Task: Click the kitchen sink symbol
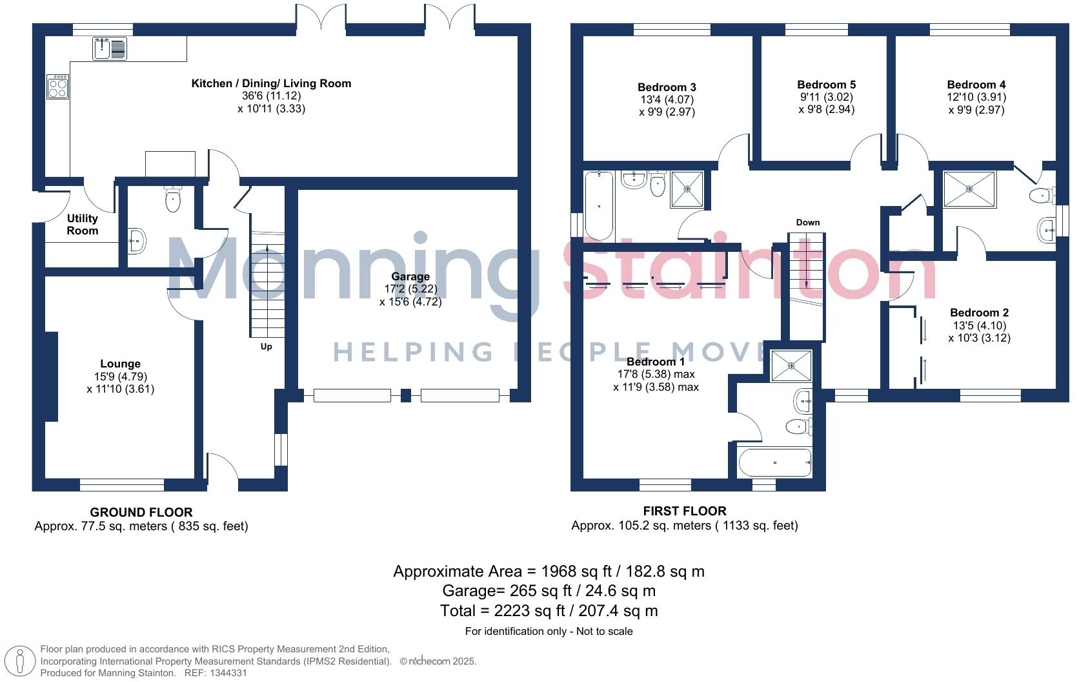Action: [x=110, y=49]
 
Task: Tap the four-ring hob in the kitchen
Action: [x=58, y=87]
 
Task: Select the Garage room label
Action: [x=410, y=276]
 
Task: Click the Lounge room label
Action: [x=120, y=364]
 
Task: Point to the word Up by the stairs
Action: [x=266, y=347]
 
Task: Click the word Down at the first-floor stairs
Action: [x=807, y=222]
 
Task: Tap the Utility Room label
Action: [x=83, y=225]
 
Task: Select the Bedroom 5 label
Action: [x=826, y=85]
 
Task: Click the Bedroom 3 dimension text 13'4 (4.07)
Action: [x=667, y=100]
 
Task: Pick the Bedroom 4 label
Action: [x=976, y=85]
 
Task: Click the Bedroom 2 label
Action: [x=979, y=313]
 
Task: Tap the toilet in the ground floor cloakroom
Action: [x=173, y=200]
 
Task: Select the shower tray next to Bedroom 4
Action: [x=969, y=189]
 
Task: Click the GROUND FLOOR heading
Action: [x=141, y=512]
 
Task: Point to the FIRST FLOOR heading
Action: [x=684, y=511]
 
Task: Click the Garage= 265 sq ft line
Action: [x=549, y=591]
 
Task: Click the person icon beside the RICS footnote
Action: [x=21, y=661]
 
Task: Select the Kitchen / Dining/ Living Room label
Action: [x=271, y=83]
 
